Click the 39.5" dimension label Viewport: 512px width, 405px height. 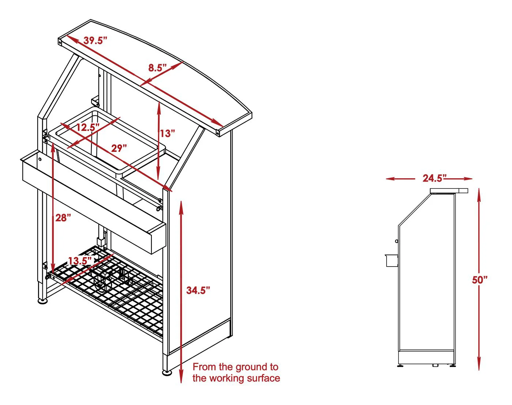(95, 41)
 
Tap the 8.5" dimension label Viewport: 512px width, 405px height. (158, 68)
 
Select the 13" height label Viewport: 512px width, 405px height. (167, 133)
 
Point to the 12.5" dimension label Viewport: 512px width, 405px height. (88, 127)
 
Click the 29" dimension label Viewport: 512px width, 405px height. (119, 148)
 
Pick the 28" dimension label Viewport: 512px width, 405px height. (63, 218)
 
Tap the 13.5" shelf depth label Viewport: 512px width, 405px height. (80, 261)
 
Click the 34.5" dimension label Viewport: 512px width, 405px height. (198, 290)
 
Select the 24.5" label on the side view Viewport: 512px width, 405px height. (434, 178)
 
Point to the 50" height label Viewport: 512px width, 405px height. (480, 280)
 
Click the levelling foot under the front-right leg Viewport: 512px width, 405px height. (167, 372)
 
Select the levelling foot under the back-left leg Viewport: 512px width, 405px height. (43, 301)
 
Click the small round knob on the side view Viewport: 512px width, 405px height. (396, 241)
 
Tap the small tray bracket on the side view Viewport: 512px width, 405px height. (391, 260)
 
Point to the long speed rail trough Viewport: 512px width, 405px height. (93, 202)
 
